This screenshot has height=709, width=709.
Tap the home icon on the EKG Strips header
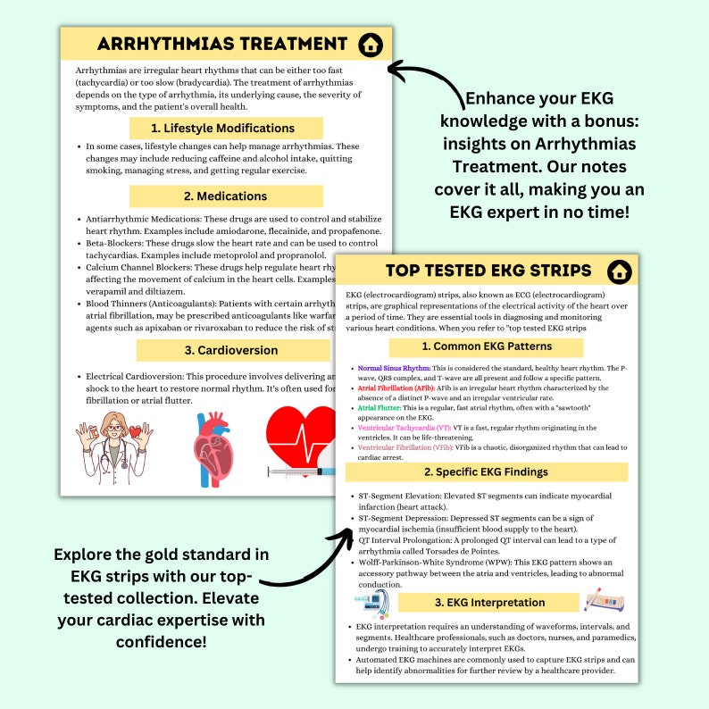[x=617, y=271]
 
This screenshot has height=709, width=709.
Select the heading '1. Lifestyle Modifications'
[x=226, y=128]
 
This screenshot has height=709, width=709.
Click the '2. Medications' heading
[x=226, y=196]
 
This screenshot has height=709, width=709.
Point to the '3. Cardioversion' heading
[x=226, y=349]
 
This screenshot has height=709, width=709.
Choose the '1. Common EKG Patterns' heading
[x=487, y=346]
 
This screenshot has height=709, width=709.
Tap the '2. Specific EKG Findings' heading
[x=487, y=471]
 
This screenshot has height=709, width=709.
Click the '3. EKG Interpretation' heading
[x=487, y=602]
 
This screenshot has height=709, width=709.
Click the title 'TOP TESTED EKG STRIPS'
[x=488, y=271]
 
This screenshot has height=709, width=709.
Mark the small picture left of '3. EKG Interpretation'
[x=368, y=605]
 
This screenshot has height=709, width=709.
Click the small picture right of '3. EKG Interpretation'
[x=604, y=600]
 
